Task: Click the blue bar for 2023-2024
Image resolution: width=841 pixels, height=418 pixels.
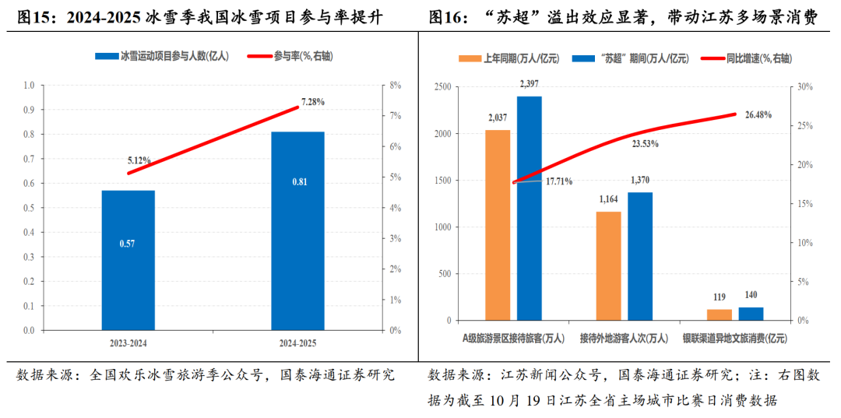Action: coord(128,260)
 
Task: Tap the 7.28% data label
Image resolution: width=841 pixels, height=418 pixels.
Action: coord(312,102)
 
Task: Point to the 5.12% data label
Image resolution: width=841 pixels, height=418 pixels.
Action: coord(139,160)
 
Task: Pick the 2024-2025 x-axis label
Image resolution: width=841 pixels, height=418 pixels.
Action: coord(297,342)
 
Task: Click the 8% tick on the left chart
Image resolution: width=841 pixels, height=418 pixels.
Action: coord(395,86)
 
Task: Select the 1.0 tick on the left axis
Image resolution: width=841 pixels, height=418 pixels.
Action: coord(29,86)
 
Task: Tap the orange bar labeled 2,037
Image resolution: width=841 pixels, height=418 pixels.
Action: coord(498,225)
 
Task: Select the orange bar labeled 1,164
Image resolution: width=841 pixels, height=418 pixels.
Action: coord(609,265)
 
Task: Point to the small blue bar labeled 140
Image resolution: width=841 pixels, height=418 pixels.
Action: coord(751,314)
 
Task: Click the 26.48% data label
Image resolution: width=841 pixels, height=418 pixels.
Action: coord(758,115)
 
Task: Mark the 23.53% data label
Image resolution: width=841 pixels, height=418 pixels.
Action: coord(645,144)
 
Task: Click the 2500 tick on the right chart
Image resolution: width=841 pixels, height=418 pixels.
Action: coord(442,87)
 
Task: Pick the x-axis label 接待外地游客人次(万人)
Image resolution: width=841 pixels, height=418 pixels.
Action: coord(624,338)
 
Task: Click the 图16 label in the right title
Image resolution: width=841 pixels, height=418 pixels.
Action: coord(446,17)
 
